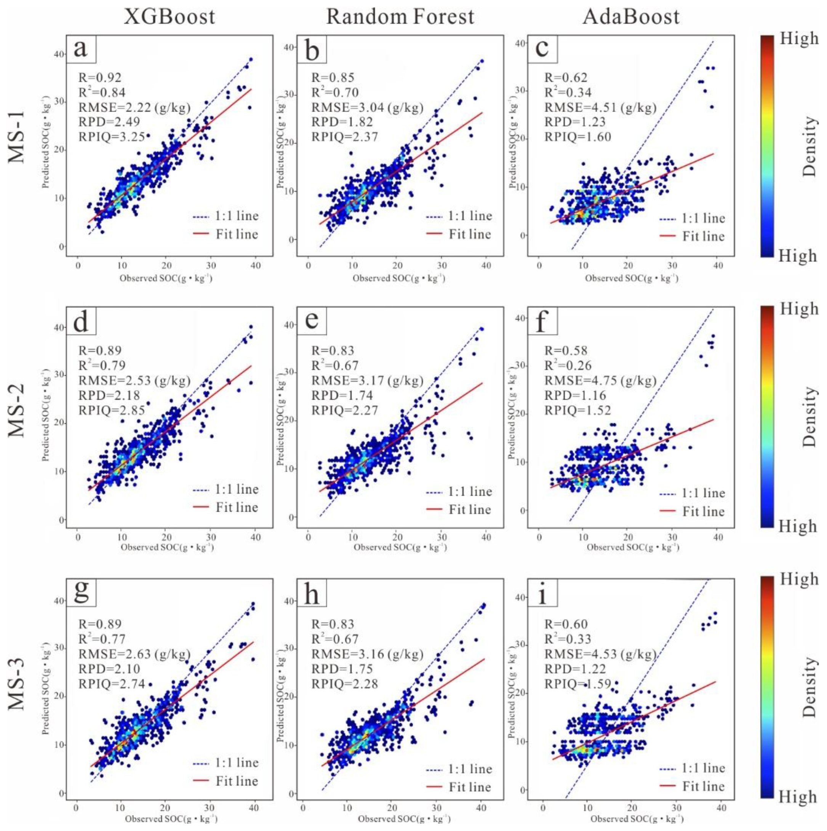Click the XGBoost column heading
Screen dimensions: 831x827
pos(169,17)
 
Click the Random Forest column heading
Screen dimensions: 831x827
pos(400,17)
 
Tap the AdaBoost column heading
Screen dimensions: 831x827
pos(631,17)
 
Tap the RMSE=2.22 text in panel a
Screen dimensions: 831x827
pos(134,107)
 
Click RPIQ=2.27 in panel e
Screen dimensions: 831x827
pos(344,410)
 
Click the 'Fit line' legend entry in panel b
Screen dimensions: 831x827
pos(459,235)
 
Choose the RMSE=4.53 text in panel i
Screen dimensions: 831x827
pos(600,654)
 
